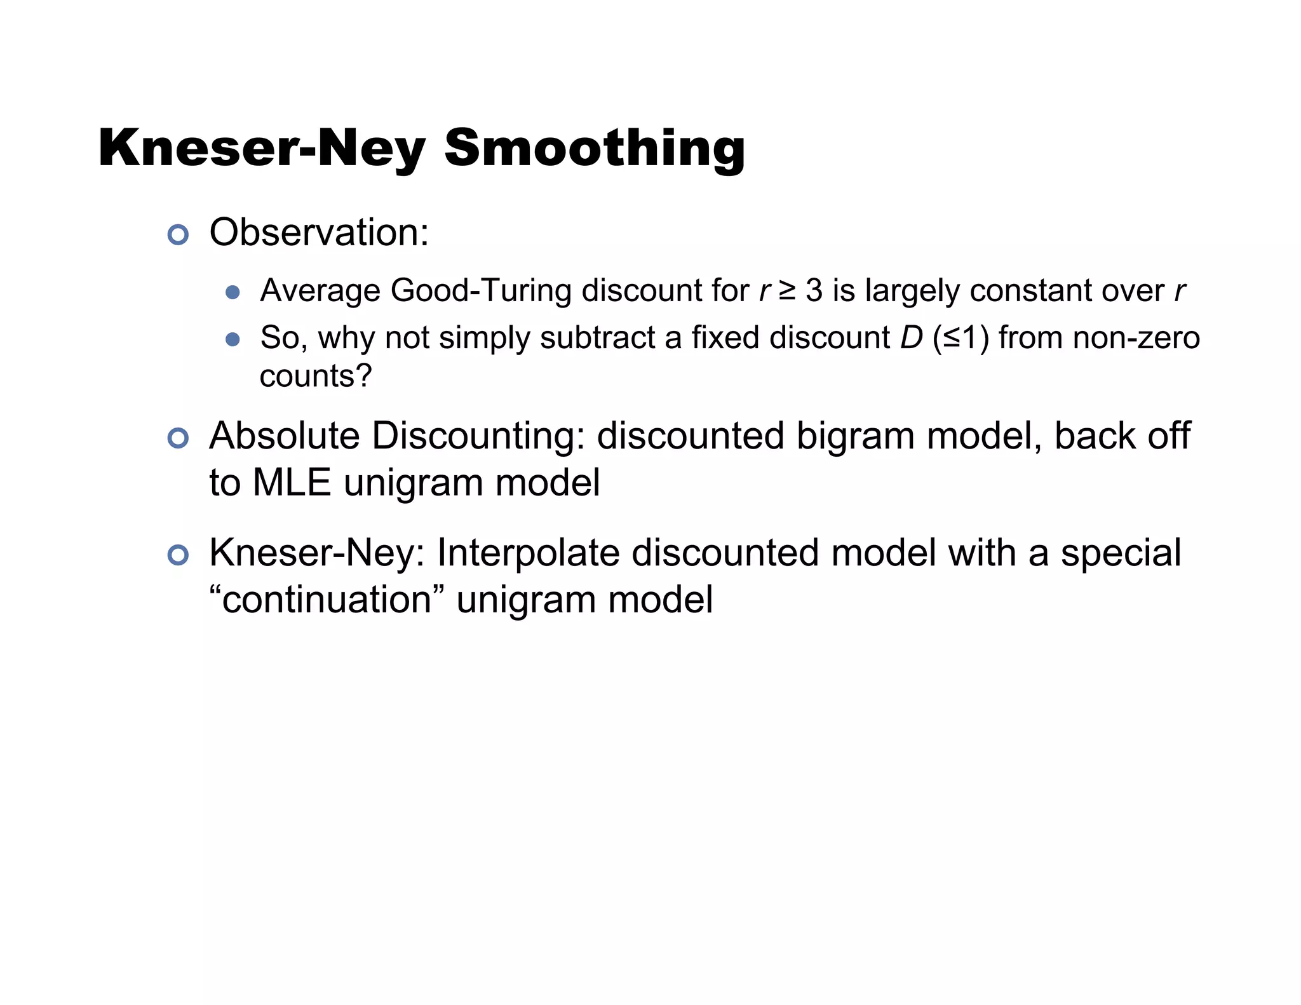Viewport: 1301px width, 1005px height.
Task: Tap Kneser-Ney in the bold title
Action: (262, 148)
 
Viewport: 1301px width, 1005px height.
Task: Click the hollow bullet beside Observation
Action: (178, 234)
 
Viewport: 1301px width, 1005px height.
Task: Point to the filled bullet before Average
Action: (233, 292)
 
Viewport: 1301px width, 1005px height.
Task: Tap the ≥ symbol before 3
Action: (787, 290)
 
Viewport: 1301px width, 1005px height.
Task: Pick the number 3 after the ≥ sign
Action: (814, 290)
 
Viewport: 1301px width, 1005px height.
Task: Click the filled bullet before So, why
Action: (233, 339)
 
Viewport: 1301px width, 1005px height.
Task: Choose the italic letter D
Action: (911, 337)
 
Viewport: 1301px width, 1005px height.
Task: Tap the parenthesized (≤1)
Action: (961, 337)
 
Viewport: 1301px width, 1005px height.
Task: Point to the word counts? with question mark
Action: (316, 376)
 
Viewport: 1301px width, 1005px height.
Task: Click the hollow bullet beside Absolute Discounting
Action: (178, 438)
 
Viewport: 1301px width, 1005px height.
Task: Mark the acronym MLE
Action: (292, 483)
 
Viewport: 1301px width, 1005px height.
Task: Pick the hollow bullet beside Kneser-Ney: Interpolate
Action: (178, 555)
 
